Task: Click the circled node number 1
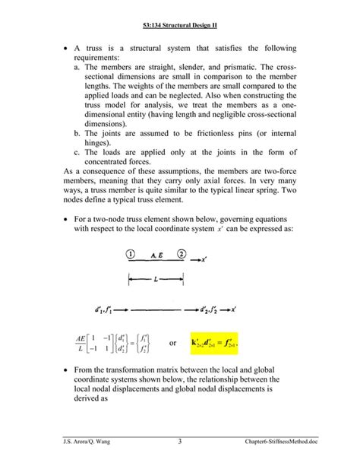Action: [131, 255]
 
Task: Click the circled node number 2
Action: [182, 255]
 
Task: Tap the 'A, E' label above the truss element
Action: [156, 255]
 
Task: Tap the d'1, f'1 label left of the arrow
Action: [108, 309]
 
